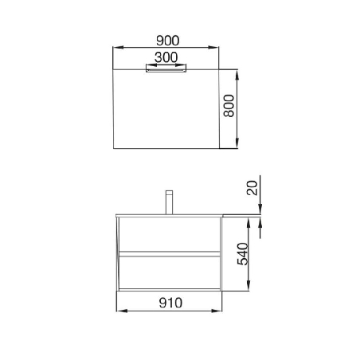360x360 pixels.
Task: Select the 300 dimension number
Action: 166,57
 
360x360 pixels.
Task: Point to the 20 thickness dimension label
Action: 252,188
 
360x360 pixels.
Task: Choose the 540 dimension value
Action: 245,254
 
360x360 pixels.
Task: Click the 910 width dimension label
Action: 169,302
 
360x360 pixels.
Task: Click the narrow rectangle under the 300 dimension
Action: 166,68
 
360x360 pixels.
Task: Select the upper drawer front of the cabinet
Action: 167,236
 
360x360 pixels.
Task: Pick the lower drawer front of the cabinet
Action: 167,272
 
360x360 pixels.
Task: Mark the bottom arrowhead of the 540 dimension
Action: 252,290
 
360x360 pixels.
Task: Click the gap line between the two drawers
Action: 167,254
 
